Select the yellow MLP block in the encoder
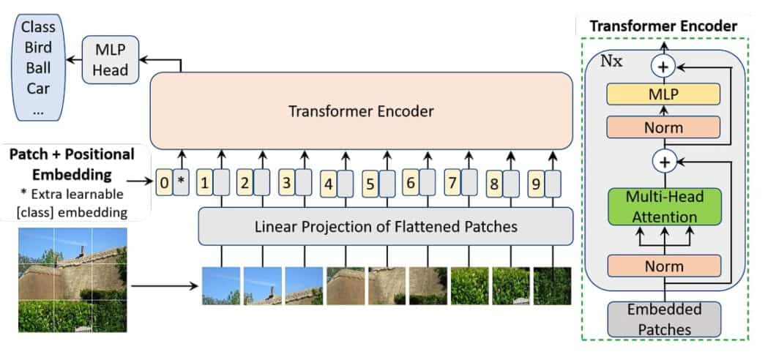click(x=664, y=94)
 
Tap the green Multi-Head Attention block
click(x=664, y=206)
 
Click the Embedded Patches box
click(x=664, y=319)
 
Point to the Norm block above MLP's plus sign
click(x=664, y=128)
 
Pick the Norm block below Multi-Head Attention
click(x=664, y=266)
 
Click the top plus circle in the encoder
click(x=663, y=66)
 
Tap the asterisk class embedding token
click(x=180, y=182)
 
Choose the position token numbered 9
click(x=536, y=184)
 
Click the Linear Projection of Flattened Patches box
click(x=385, y=227)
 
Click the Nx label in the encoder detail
click(x=611, y=61)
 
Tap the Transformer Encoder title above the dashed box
click(x=663, y=26)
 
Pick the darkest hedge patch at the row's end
click(x=552, y=286)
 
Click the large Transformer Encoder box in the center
click(x=361, y=111)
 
